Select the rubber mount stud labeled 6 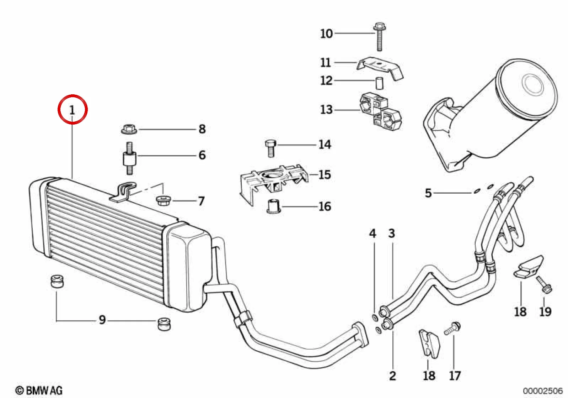pos(130,158)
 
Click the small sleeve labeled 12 pos(379,84)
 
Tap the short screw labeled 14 pos(270,148)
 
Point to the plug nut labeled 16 pos(274,206)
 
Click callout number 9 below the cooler pos(102,320)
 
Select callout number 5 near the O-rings pos(428,193)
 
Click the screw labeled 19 pos(544,286)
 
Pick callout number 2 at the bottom pos(392,376)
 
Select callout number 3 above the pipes pos(392,234)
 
